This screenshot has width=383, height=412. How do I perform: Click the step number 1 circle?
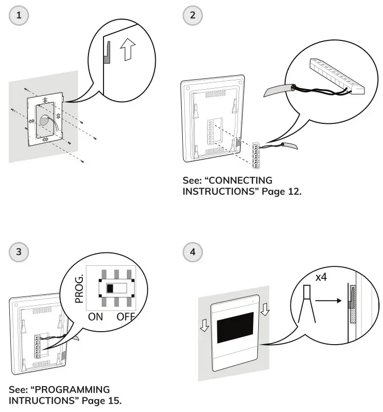[x=19, y=15]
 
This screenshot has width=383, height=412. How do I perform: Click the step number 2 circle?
[x=193, y=15]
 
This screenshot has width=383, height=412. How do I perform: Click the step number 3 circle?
[x=19, y=252]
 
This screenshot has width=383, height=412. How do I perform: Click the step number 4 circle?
[x=193, y=252]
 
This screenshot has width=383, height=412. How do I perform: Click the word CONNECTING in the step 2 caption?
[x=241, y=180]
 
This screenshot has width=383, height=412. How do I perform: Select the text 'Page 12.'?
[x=283, y=191]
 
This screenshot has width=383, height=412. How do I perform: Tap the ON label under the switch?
[x=95, y=317]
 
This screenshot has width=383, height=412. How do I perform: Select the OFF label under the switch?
[x=126, y=317]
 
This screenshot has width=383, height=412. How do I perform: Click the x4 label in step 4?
[x=321, y=278]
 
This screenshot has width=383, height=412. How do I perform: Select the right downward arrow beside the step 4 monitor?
[x=266, y=309]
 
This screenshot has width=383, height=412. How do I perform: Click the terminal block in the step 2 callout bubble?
[x=336, y=75]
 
